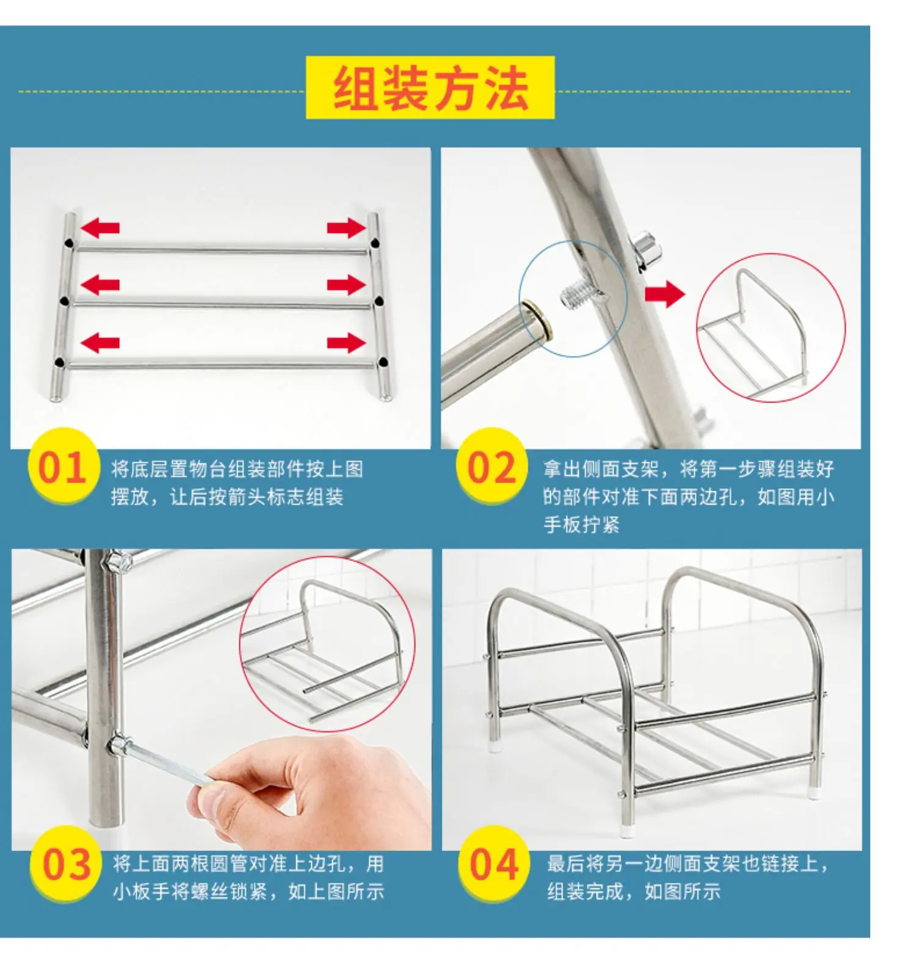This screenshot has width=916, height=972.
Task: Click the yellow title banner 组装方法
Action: point(430,87)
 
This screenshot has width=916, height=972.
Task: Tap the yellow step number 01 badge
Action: point(64,467)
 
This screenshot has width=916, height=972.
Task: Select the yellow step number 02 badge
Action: point(492,467)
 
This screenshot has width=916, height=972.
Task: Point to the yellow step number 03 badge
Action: point(67,864)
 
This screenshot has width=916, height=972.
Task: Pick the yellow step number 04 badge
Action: point(494,864)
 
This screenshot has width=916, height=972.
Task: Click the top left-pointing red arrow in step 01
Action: point(100,228)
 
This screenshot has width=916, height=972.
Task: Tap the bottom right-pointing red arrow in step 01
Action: point(346,343)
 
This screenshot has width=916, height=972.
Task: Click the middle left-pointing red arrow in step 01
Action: point(100,285)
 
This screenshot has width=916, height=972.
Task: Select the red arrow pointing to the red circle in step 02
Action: point(665,294)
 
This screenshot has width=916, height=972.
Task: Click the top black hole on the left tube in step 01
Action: point(70,243)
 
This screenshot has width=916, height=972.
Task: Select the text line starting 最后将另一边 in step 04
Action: point(688,864)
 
